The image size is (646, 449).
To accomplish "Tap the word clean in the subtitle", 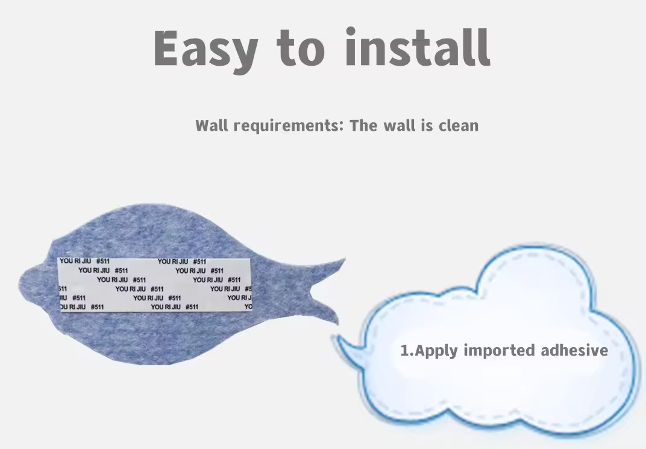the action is [x=459, y=125].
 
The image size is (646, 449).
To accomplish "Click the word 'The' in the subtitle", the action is [x=363, y=125].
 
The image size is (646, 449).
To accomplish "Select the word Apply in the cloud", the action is [x=436, y=351].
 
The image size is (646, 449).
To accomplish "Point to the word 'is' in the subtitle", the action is [x=427, y=125].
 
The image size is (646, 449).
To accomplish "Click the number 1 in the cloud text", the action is [x=406, y=351].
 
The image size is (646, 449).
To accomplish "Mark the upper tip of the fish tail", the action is [x=345, y=259].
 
